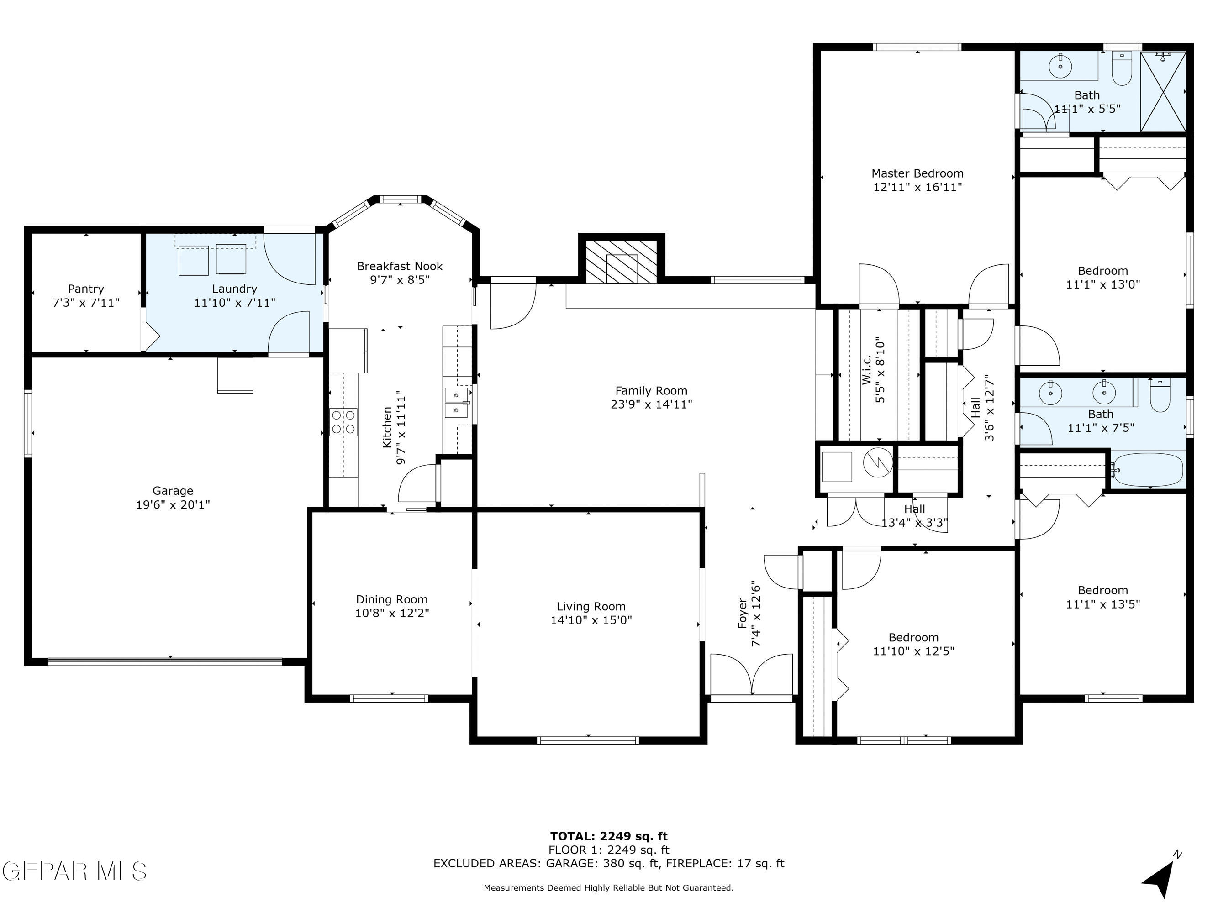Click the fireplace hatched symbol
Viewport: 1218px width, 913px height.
click(x=621, y=262)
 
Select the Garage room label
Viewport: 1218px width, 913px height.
click(x=173, y=490)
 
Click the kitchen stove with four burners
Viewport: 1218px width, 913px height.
click(x=343, y=422)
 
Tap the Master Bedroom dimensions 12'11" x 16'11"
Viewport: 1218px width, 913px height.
click(x=917, y=187)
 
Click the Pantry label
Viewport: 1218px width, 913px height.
click(x=86, y=289)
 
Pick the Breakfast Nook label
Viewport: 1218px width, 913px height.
click(x=400, y=266)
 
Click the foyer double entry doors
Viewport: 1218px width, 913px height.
click(x=752, y=676)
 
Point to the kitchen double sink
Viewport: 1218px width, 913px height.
click(x=457, y=402)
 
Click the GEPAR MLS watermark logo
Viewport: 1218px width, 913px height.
click(x=74, y=871)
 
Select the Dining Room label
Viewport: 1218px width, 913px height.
click(x=391, y=599)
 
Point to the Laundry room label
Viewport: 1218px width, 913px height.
click(x=235, y=289)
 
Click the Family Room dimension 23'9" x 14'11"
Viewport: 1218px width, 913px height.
click(x=651, y=404)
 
